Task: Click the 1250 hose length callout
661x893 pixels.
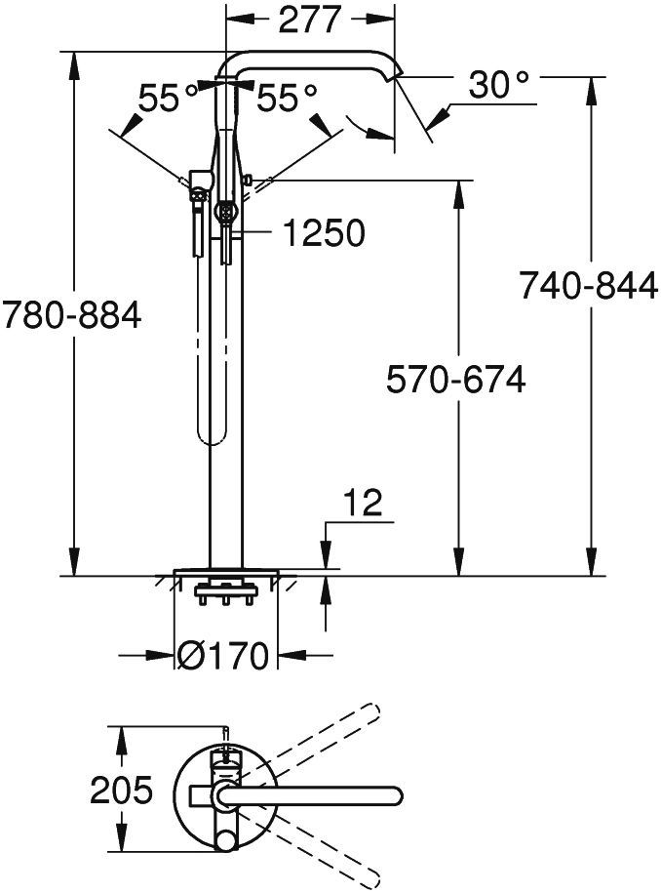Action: [x=323, y=233]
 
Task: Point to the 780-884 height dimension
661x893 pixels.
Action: [x=71, y=315]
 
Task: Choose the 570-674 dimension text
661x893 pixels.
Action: [x=455, y=380]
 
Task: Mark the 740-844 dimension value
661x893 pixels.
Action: [x=588, y=286]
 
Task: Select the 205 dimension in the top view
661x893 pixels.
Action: [x=122, y=790]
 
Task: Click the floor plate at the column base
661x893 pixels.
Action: [x=226, y=571]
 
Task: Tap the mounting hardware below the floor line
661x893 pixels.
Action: [x=225, y=591]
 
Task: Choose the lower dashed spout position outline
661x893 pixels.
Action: [x=322, y=847]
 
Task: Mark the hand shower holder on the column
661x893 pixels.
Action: [x=200, y=182]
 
